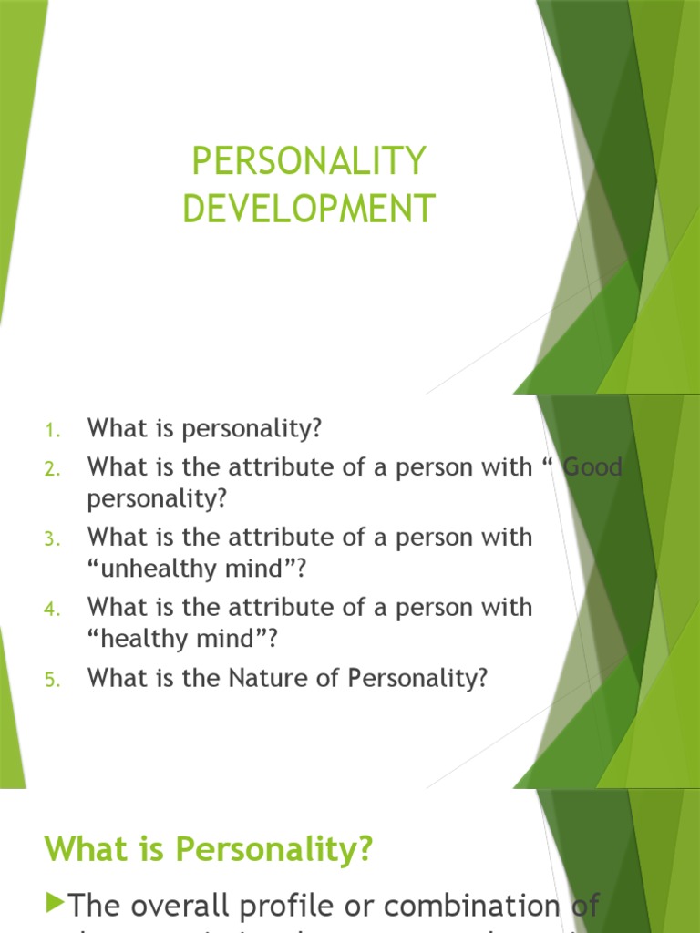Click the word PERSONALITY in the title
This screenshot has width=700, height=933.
click(309, 162)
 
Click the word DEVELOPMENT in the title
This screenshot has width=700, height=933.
click(309, 209)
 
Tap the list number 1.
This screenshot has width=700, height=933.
click(51, 428)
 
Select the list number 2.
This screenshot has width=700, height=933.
click(51, 468)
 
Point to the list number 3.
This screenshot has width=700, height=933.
click(51, 538)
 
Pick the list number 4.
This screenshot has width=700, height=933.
click(51, 609)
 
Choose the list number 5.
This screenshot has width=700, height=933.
click(51, 679)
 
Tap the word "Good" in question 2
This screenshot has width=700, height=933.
click(593, 467)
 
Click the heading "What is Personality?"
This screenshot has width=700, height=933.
click(209, 849)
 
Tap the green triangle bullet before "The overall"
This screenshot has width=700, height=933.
click(55, 903)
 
